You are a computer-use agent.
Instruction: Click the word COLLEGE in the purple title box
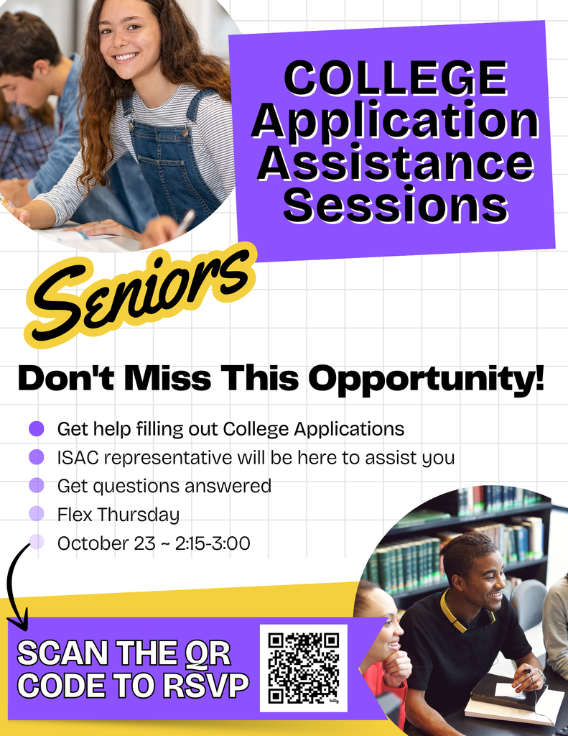394,79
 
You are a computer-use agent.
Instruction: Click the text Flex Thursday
118,515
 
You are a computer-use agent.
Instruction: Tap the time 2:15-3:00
213,543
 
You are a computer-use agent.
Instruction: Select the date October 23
106,543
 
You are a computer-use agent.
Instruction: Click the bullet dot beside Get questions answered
37,486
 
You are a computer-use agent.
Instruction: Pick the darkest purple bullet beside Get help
37,429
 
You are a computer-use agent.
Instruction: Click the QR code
303,668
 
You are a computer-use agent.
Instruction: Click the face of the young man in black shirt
484,579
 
